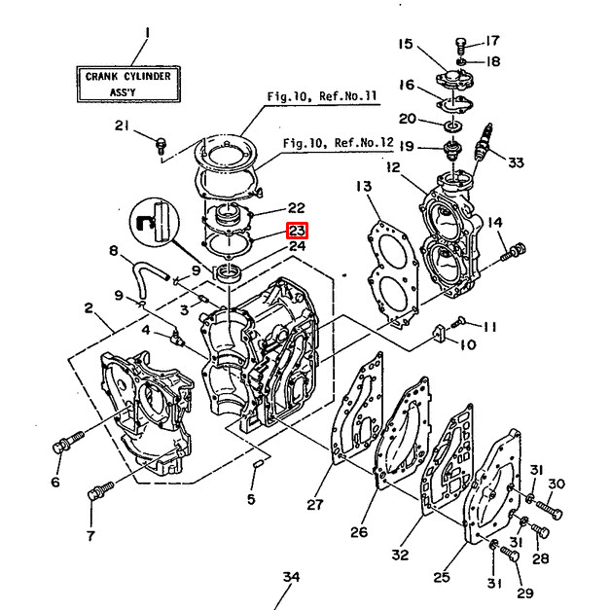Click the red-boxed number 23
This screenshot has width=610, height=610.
(296, 231)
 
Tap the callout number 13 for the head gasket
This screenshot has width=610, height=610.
(362, 186)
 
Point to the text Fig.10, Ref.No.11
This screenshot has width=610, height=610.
(322, 96)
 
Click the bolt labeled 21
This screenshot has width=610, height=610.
(160, 144)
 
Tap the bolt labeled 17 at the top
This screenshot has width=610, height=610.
(462, 42)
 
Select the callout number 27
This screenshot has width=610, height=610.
(313, 504)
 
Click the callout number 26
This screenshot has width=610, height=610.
(359, 531)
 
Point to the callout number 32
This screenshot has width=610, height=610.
(400, 555)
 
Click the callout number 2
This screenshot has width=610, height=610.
(89, 309)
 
